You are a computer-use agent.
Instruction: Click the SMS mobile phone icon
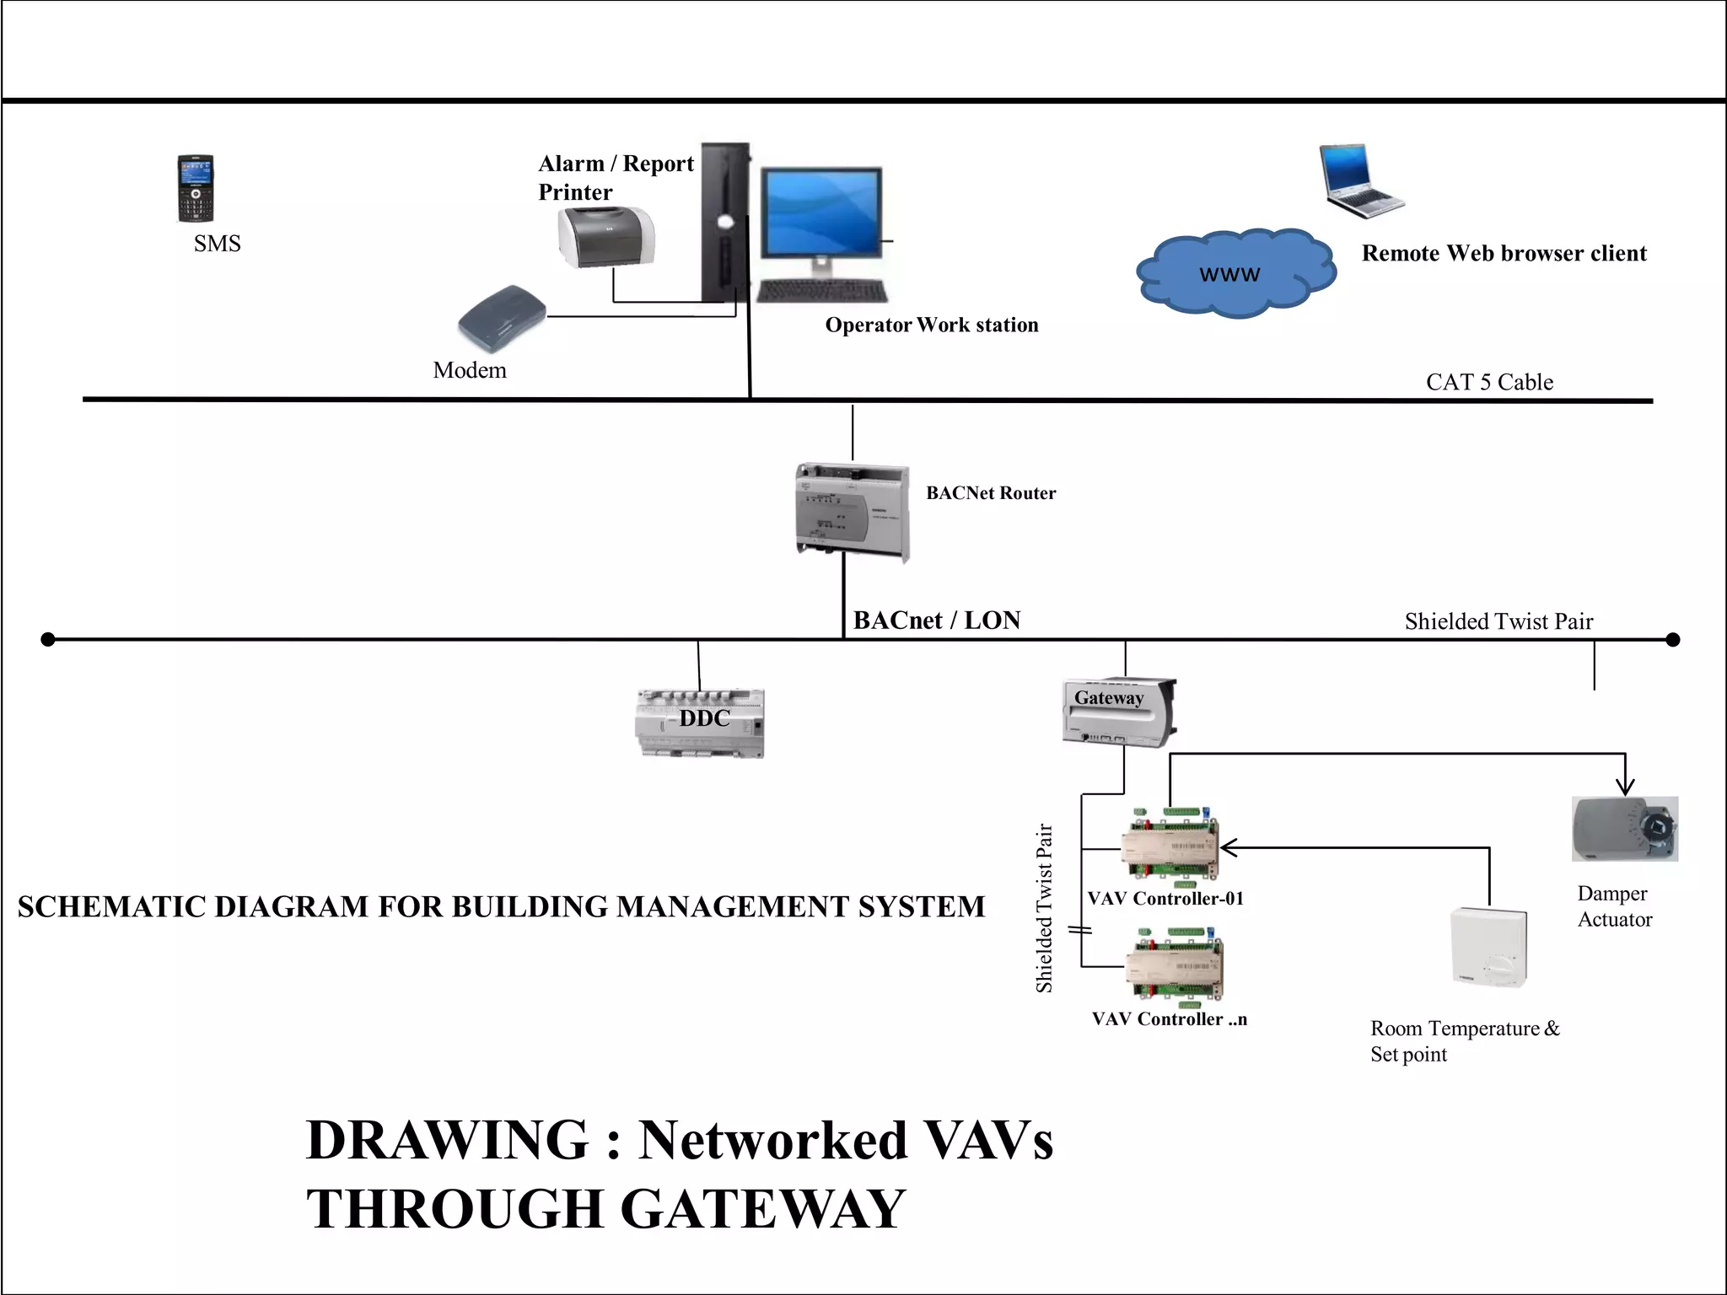pos(195,188)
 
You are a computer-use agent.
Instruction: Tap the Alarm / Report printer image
pos(605,238)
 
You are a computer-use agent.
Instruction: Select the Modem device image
pos(503,317)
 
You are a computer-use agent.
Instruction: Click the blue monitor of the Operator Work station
pos(821,213)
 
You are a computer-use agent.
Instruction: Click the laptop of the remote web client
pos(1358,180)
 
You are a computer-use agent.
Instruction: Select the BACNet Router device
pos(852,511)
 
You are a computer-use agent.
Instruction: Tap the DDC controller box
pos(699,723)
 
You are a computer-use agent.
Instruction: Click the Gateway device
pos(1118,712)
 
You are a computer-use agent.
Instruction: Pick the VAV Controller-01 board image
pos(1170,846)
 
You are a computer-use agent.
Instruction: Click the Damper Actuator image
pos(1624,829)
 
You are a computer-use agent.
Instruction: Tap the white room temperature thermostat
pos(1488,947)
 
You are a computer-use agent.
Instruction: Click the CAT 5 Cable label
pos(1489,382)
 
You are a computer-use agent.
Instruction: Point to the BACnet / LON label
pos(936,621)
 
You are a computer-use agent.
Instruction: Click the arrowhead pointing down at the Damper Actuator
pos(1625,787)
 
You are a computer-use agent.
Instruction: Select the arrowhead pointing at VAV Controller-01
pos(1228,847)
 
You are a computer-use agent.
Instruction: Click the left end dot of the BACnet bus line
pos(48,639)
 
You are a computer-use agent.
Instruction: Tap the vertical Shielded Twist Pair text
pos(1044,908)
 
